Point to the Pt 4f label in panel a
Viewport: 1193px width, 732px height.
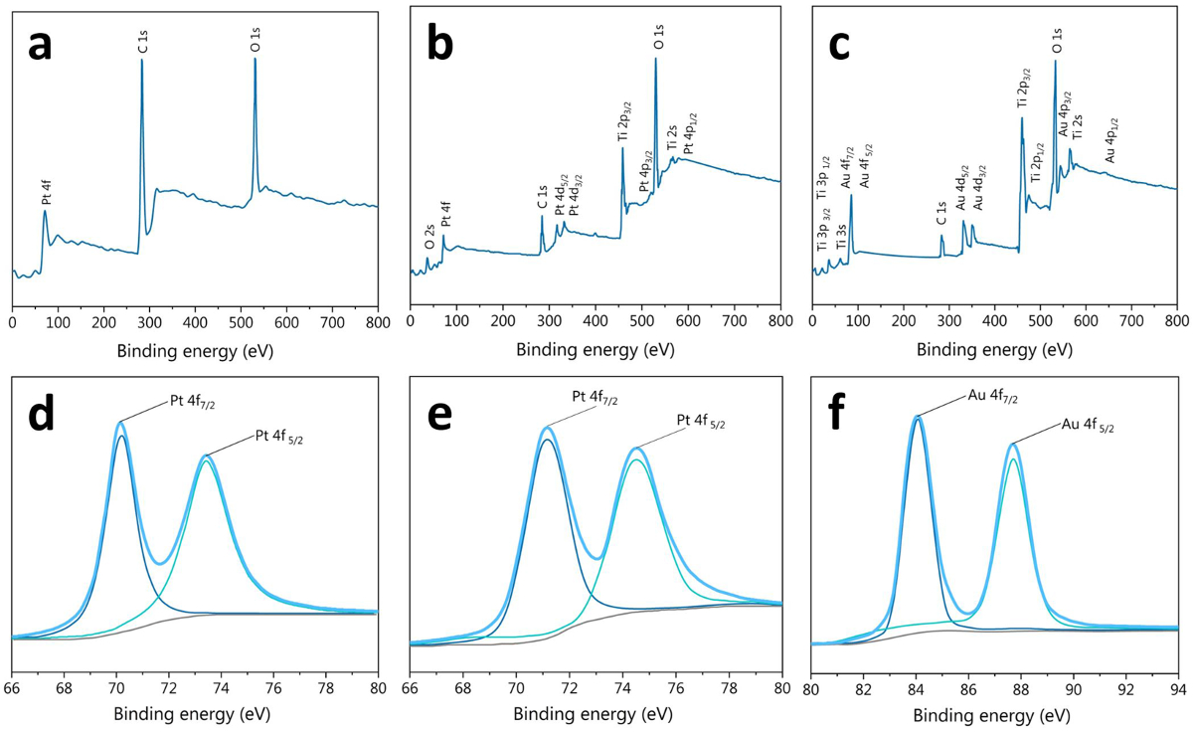point(46,192)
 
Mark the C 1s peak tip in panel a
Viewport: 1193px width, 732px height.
point(141,60)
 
